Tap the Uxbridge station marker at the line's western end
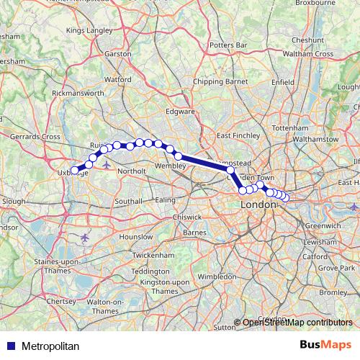(x=75, y=171)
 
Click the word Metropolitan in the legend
(x=50, y=346)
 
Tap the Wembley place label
(x=171, y=166)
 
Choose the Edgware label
(x=181, y=112)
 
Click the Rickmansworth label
(x=78, y=94)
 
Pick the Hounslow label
(x=136, y=236)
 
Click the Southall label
(x=129, y=201)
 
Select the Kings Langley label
(x=89, y=31)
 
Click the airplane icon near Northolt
(x=107, y=165)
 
